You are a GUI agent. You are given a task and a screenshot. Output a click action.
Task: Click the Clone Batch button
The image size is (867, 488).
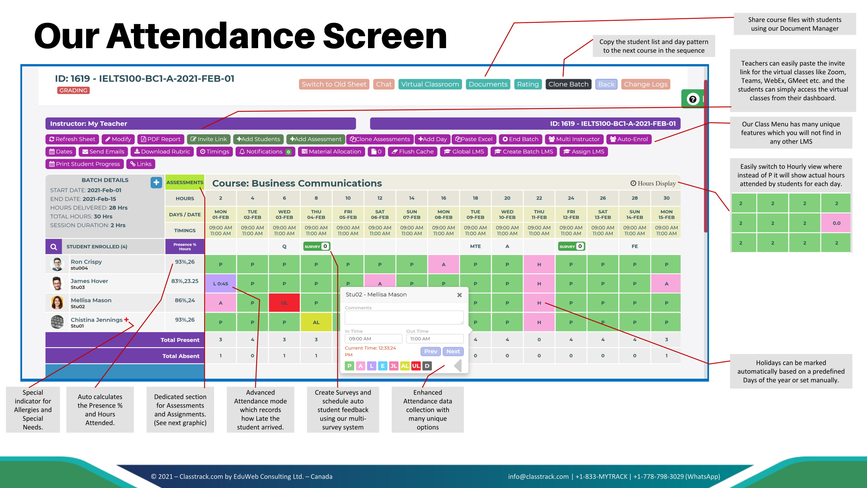coord(568,84)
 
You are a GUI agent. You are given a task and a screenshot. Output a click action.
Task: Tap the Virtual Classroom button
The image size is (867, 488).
coord(430,84)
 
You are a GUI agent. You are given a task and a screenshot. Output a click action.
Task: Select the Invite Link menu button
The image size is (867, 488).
coord(209,139)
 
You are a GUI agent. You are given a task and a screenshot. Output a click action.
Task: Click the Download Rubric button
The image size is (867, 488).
coord(162,152)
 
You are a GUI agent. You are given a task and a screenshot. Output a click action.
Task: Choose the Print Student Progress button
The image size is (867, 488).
coord(85,164)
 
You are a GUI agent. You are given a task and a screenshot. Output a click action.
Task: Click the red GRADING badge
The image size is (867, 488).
coord(73,90)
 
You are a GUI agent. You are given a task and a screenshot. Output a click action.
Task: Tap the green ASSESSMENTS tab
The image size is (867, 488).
coord(185,182)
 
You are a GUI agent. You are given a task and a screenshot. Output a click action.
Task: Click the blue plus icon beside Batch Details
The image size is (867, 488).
coord(156,182)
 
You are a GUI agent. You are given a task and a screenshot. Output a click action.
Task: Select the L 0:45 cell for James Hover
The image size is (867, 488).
coord(220,284)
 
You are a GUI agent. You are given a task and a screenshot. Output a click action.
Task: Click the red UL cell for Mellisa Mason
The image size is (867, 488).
coord(284,303)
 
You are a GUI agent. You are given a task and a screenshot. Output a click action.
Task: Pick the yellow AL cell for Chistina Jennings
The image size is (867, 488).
coord(316,322)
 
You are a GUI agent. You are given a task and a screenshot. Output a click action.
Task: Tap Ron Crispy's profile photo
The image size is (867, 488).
coord(57,264)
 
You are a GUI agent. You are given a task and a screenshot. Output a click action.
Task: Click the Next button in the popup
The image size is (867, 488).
coord(453,351)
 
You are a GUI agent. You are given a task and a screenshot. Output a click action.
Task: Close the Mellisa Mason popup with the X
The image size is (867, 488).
coord(459,295)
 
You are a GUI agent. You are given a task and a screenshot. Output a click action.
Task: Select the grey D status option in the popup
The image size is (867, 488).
coord(427,366)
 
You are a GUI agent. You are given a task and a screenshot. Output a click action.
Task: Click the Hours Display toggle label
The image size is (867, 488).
coord(653,183)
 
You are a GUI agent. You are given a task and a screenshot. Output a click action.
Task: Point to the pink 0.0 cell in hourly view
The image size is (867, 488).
coord(836,223)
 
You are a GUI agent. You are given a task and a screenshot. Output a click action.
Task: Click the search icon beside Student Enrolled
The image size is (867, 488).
coord(54,247)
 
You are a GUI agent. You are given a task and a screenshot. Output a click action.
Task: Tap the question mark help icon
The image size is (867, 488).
coord(693,99)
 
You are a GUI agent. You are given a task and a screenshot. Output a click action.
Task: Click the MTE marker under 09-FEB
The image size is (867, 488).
coord(475,246)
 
